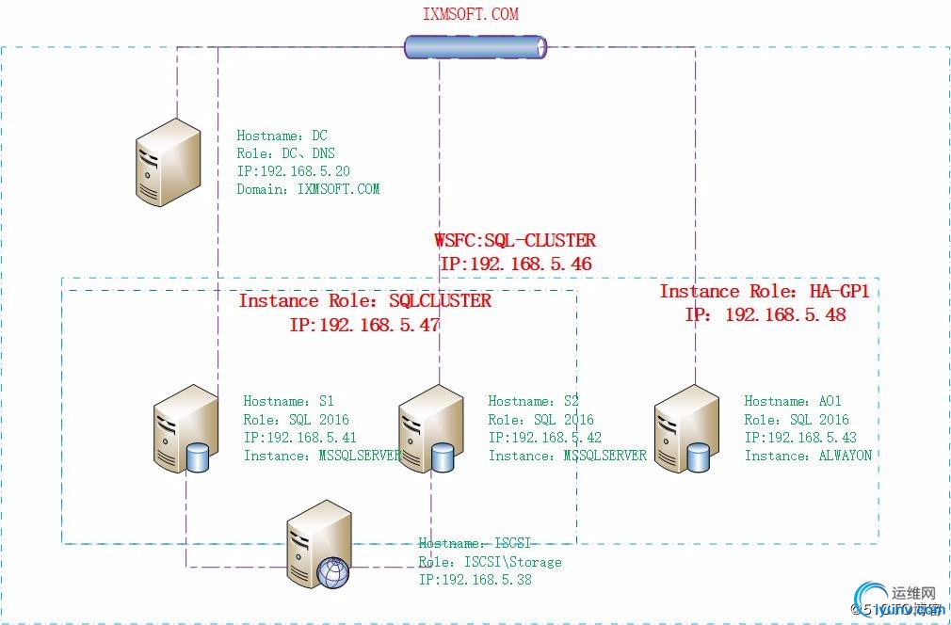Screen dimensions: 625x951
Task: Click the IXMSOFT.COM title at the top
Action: pyautogui.click(x=471, y=14)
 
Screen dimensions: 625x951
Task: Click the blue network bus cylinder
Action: pyautogui.click(x=475, y=47)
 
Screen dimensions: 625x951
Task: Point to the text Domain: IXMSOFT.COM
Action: pyautogui.click(x=308, y=189)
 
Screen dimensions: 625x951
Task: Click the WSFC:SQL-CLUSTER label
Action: pyautogui.click(x=514, y=241)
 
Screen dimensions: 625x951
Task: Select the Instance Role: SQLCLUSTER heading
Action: pyautogui.click(x=364, y=301)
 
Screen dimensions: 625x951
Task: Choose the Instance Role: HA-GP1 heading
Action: pyautogui.click(x=764, y=292)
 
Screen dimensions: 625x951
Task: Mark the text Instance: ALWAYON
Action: pyautogui.click(x=808, y=456)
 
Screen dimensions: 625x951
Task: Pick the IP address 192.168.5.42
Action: pyautogui.click(x=544, y=438)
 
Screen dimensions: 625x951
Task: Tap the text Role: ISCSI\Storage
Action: pyautogui.click(x=490, y=562)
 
